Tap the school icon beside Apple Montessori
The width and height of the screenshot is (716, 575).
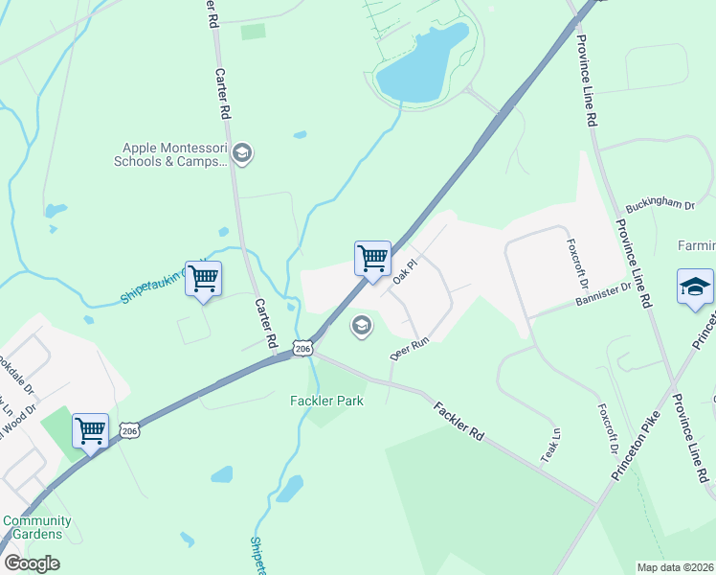coord(242,153)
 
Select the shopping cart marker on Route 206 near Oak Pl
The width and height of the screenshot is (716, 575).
coord(372,258)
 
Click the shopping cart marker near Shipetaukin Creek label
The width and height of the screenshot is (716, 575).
coord(203,279)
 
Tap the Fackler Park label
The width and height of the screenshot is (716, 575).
coord(326,401)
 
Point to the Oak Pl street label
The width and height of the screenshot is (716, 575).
coord(406,272)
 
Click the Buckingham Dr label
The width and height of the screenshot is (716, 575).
coord(660,204)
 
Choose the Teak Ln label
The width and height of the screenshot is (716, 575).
coord(549,452)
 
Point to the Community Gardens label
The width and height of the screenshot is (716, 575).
coord(37,527)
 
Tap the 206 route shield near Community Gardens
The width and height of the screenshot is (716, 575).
coord(130,432)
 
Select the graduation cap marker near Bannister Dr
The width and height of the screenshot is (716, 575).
coord(695,287)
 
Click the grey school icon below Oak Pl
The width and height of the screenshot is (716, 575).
coord(361,327)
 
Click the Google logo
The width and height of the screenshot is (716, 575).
coord(32,563)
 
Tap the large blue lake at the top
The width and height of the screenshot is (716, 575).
coord(421,62)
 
